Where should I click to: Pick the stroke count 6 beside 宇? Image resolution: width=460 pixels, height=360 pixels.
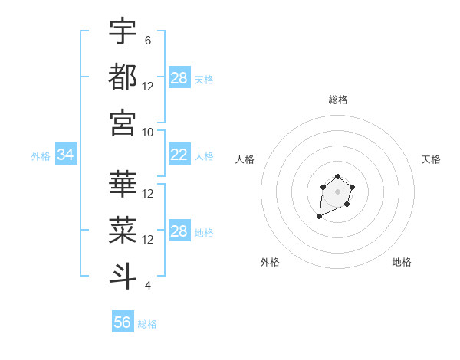148,40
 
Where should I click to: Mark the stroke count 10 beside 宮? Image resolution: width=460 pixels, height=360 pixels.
148,132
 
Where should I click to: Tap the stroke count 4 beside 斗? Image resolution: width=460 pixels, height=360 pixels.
148,286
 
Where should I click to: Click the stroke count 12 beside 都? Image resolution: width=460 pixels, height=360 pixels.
148,86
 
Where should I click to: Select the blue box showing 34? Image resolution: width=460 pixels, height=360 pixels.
65,155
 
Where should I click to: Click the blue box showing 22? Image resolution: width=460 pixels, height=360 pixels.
179,155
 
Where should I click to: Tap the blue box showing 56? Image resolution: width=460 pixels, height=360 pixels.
123,322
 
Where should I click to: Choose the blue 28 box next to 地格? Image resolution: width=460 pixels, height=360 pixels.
179,232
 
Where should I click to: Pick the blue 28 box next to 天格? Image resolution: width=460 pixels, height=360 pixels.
179,78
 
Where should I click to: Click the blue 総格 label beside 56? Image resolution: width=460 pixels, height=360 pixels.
147,324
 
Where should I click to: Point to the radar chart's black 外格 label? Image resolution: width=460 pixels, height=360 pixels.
270,262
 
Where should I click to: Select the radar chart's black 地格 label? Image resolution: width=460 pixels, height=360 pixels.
402,262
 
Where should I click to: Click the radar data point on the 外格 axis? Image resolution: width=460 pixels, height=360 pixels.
319,217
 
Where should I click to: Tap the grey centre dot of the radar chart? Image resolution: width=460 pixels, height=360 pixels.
337,191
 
